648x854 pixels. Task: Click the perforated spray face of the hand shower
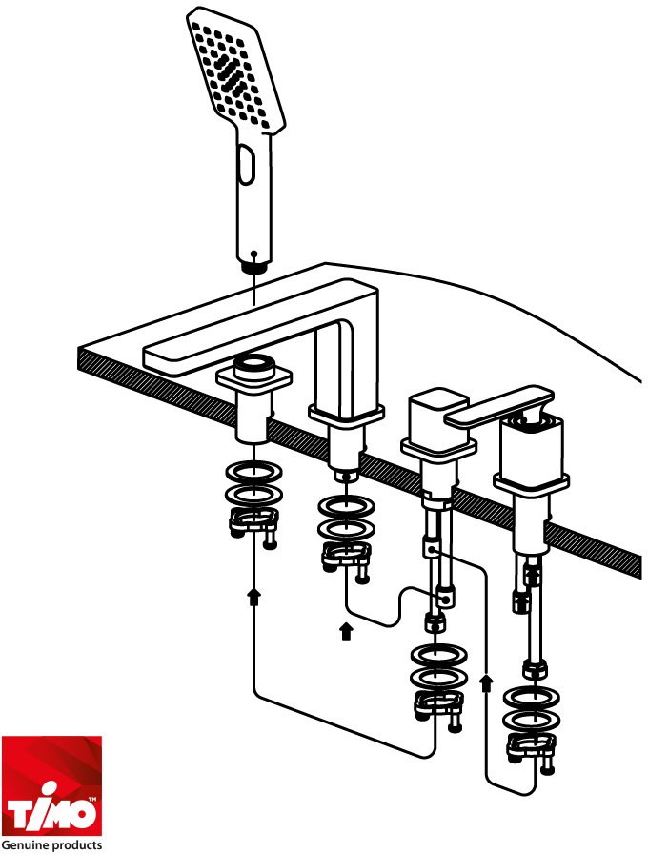click(235, 71)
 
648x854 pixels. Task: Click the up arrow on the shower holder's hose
click(253, 596)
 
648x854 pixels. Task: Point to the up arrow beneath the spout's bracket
click(346, 631)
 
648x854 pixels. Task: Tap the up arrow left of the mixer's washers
click(487, 682)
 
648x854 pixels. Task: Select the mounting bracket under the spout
click(346, 559)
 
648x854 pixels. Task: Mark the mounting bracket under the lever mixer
click(532, 748)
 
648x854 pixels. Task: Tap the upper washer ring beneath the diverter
click(439, 655)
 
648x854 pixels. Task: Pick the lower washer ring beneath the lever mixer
click(532, 719)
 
